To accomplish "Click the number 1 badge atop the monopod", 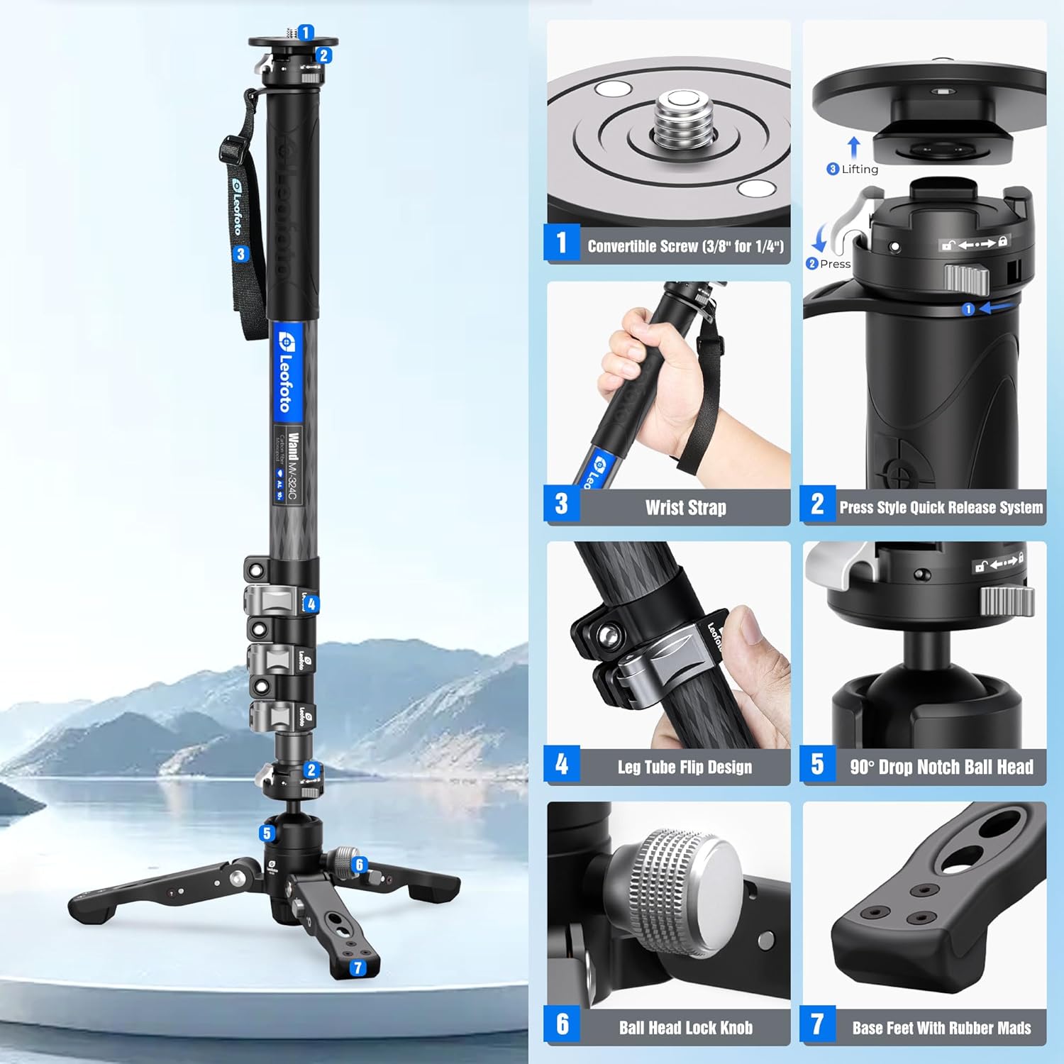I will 306,33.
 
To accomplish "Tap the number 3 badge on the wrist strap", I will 241,254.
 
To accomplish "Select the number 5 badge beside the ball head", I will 267,833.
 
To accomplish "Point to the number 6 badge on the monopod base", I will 360,864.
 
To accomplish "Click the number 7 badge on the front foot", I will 358,968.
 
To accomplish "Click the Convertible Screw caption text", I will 685,246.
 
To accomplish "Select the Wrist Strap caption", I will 685,507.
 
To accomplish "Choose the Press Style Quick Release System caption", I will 941,507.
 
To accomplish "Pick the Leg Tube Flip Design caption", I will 685,767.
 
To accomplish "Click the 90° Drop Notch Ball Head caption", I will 941,767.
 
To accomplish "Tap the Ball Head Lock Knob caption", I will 685,1028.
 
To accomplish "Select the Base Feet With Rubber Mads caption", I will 941,1028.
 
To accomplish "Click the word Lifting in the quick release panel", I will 860,169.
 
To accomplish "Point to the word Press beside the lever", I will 835,264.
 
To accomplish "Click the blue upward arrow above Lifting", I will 854,148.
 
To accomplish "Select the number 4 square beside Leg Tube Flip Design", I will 562,764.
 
